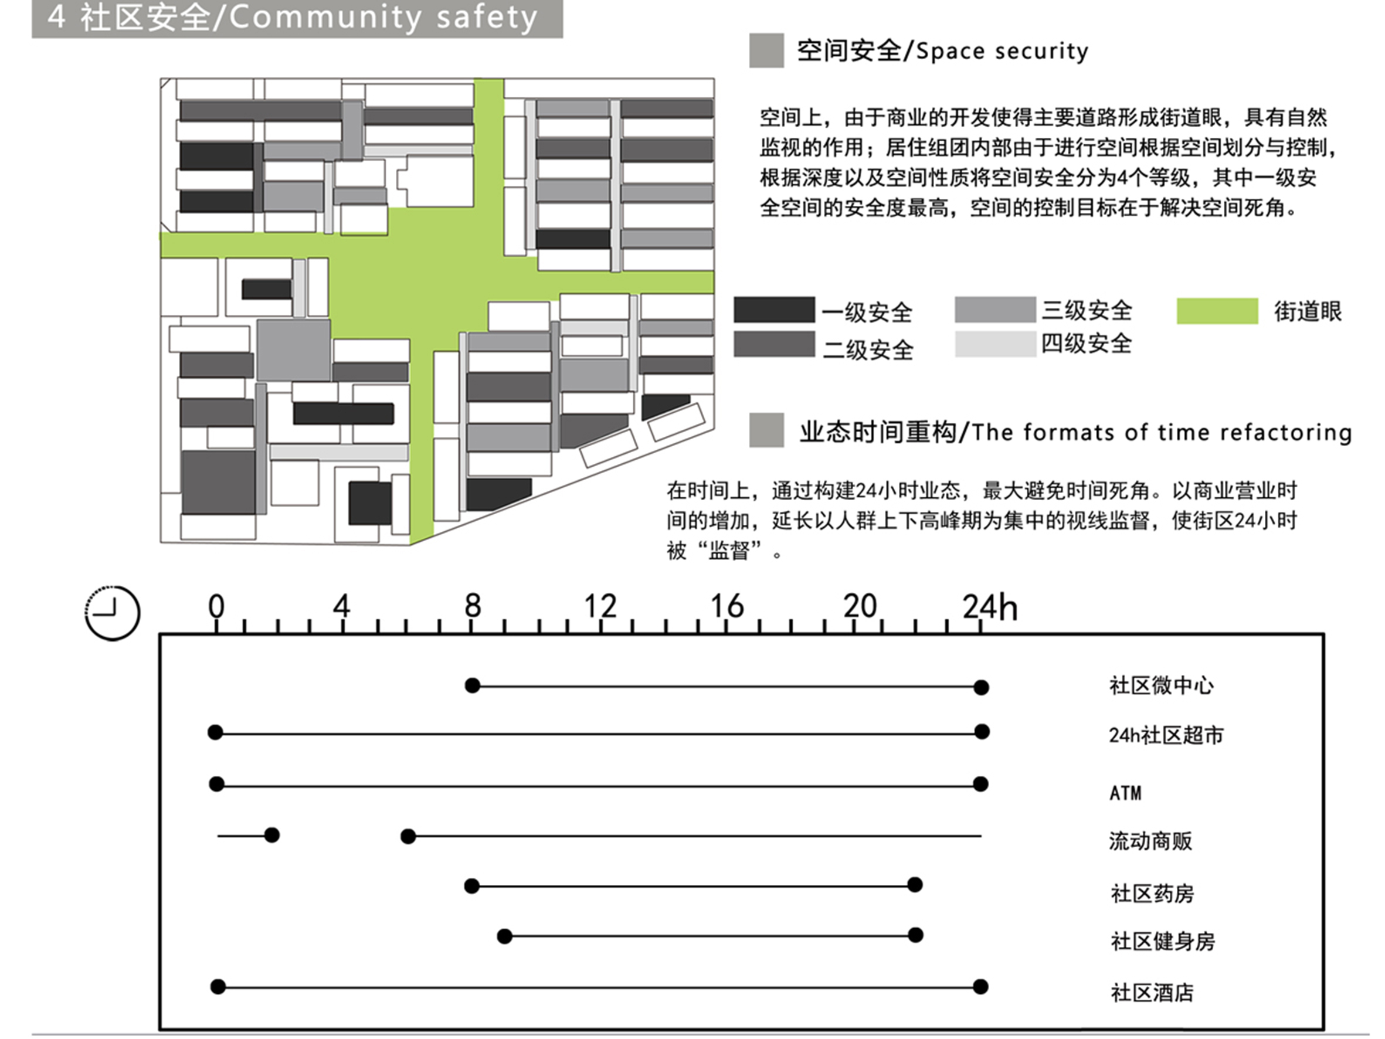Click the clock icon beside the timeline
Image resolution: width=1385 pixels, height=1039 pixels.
pyautogui.click(x=112, y=613)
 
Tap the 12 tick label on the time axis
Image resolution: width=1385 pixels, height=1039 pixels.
pyautogui.click(x=600, y=606)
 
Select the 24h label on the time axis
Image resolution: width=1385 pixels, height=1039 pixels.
pyautogui.click(x=990, y=606)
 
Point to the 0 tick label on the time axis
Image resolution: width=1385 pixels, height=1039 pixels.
pyautogui.click(x=216, y=606)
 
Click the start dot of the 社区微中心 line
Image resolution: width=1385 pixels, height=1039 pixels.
pyautogui.click(x=473, y=685)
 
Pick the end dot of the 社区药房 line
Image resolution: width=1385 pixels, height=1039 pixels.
pyautogui.click(x=915, y=884)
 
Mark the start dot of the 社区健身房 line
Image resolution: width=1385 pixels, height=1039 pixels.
pyautogui.click(x=505, y=936)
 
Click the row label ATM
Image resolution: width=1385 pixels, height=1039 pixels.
pyautogui.click(x=1125, y=793)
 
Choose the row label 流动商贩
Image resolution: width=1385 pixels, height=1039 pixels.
pyautogui.click(x=1150, y=840)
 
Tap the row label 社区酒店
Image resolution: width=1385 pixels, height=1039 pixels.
pyautogui.click(x=1152, y=993)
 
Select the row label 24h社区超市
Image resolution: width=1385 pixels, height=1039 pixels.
pyautogui.click(x=1166, y=735)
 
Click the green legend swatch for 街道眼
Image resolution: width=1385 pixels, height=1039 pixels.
pyautogui.click(x=1217, y=311)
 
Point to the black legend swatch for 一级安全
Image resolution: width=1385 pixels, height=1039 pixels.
pyautogui.click(x=775, y=310)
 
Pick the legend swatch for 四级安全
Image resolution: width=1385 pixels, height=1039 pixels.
pyautogui.click(x=996, y=344)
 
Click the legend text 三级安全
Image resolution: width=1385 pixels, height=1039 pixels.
pyautogui.click(x=1087, y=310)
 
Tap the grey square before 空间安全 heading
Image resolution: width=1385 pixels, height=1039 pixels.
pyautogui.click(x=766, y=50)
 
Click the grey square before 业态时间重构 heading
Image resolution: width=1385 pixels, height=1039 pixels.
pyautogui.click(x=766, y=430)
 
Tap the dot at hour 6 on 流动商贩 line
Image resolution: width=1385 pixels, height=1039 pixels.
pyautogui.click(x=408, y=836)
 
